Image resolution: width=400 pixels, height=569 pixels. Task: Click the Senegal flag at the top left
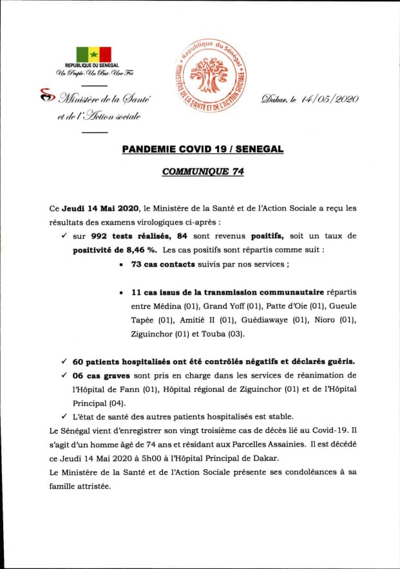click(94, 54)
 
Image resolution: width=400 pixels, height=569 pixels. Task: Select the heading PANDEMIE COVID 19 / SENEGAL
click(202, 149)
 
